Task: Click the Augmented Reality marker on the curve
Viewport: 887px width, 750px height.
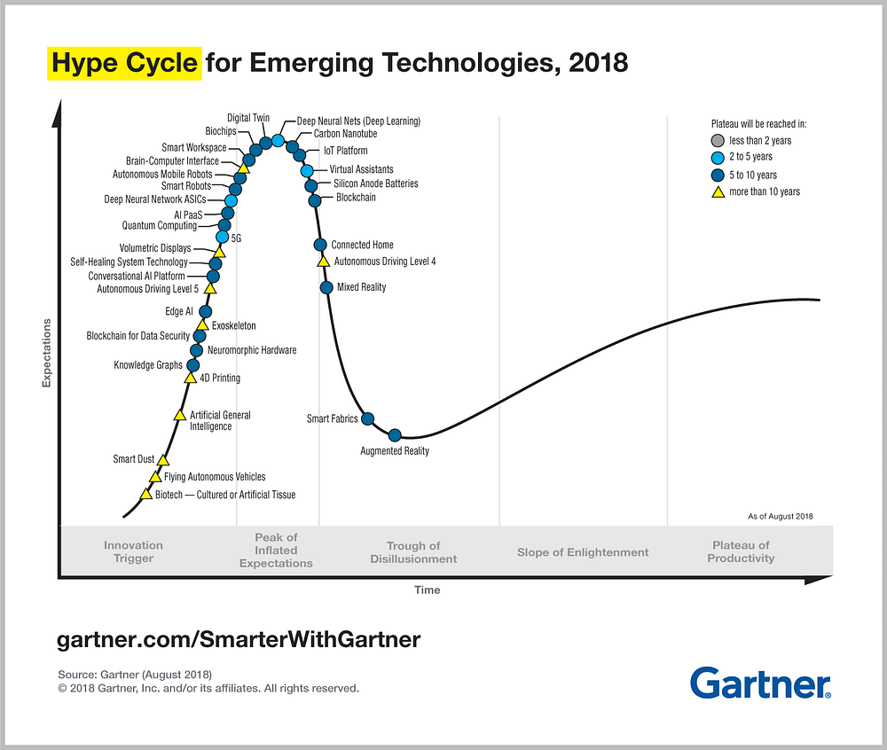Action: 396,434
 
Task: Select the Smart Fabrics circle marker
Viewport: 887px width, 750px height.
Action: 368,418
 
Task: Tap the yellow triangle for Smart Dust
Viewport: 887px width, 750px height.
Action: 162,460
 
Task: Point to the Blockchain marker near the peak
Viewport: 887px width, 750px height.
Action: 315,200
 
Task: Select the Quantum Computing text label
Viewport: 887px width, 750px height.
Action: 160,226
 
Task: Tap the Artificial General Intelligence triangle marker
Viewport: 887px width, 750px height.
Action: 180,415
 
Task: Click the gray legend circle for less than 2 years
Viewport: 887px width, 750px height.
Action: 718,140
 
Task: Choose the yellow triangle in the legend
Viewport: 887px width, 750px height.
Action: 718,191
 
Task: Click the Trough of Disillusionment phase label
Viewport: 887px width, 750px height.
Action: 413,552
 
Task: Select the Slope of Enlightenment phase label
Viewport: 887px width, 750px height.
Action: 583,552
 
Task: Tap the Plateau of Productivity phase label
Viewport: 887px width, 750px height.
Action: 741,552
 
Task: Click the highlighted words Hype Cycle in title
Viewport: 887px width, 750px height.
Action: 124,64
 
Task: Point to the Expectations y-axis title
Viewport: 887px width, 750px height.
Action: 46,352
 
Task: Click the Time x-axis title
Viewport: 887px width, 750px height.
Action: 427,590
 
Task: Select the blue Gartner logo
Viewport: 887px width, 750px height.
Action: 760,684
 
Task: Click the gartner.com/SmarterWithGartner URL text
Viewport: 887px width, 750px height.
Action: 239,639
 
